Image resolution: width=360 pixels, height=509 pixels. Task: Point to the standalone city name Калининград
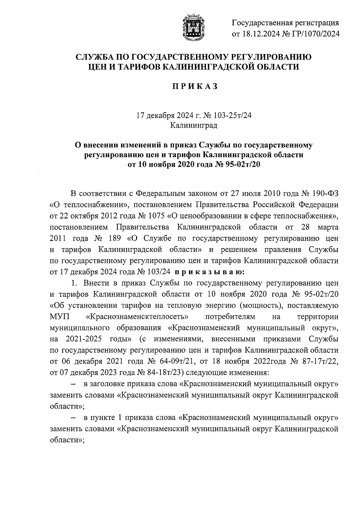194,125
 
